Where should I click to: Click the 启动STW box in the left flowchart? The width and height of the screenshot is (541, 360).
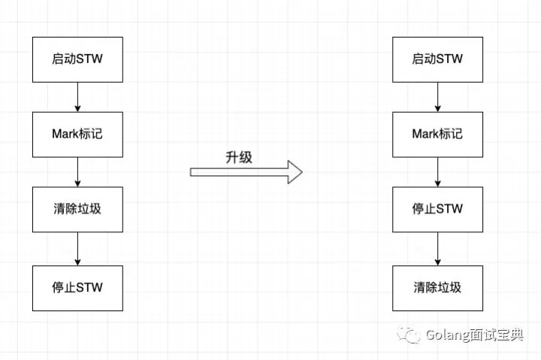(77, 59)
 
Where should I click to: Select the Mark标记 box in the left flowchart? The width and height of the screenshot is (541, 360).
(77, 135)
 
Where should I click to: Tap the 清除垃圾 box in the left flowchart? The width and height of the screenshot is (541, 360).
(77, 210)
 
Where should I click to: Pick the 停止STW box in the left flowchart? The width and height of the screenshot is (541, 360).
(77, 288)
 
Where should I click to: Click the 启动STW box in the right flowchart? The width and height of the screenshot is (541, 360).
(437, 59)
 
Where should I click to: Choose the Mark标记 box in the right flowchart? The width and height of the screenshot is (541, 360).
(437, 135)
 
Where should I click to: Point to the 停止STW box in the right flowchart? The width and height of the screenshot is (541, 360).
(437, 210)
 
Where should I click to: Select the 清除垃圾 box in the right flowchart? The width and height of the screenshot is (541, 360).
(437, 288)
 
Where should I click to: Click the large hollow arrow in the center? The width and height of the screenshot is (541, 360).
(246, 172)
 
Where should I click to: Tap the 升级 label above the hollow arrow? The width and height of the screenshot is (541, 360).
(239, 157)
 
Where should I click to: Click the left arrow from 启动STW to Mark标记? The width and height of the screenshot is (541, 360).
(77, 97)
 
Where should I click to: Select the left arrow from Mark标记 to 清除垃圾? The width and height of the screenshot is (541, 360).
(77, 172)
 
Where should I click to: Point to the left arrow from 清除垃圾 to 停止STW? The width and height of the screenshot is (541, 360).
(77, 249)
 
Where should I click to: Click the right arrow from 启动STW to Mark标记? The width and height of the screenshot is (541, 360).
(437, 97)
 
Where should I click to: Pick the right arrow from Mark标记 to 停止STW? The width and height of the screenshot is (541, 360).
(437, 172)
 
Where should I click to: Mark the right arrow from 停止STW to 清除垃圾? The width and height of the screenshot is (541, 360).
(437, 249)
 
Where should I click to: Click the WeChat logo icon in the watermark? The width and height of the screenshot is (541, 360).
(409, 334)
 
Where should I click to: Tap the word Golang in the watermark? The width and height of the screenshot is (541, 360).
(448, 335)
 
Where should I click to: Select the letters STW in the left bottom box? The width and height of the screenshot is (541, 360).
(89, 288)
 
